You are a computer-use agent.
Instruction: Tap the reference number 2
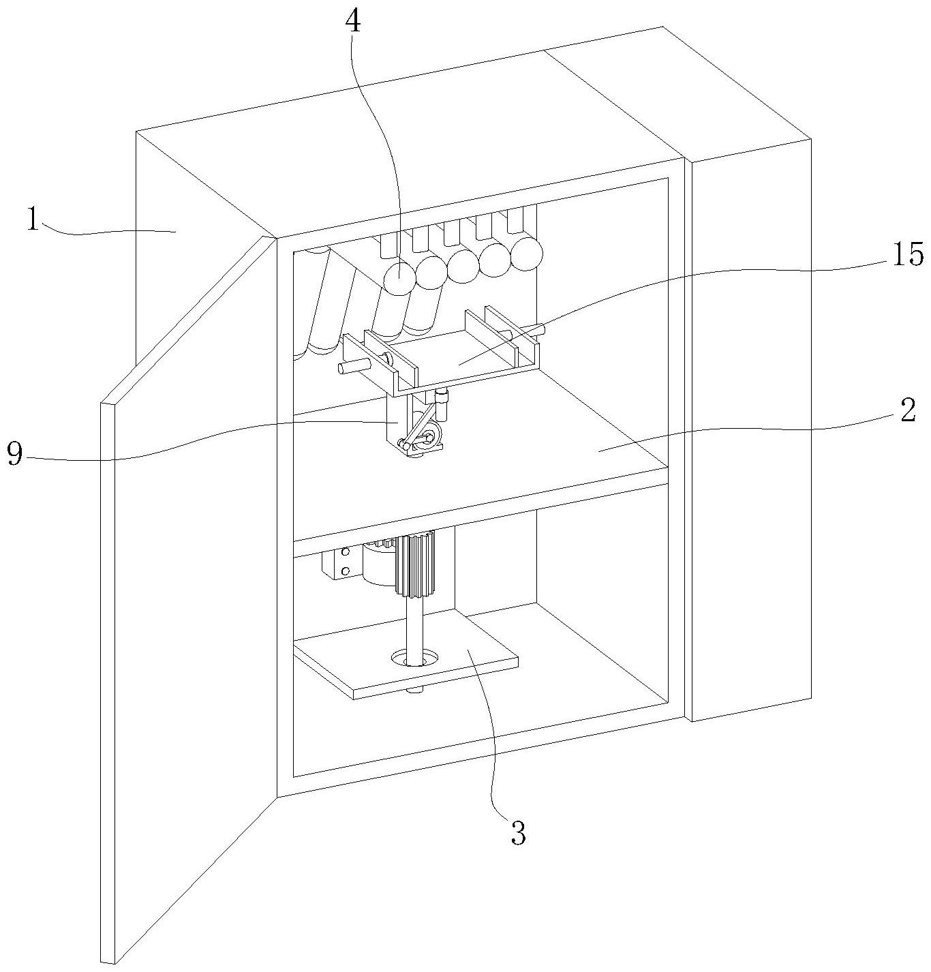tap(907, 411)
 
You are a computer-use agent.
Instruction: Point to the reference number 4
tap(352, 22)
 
